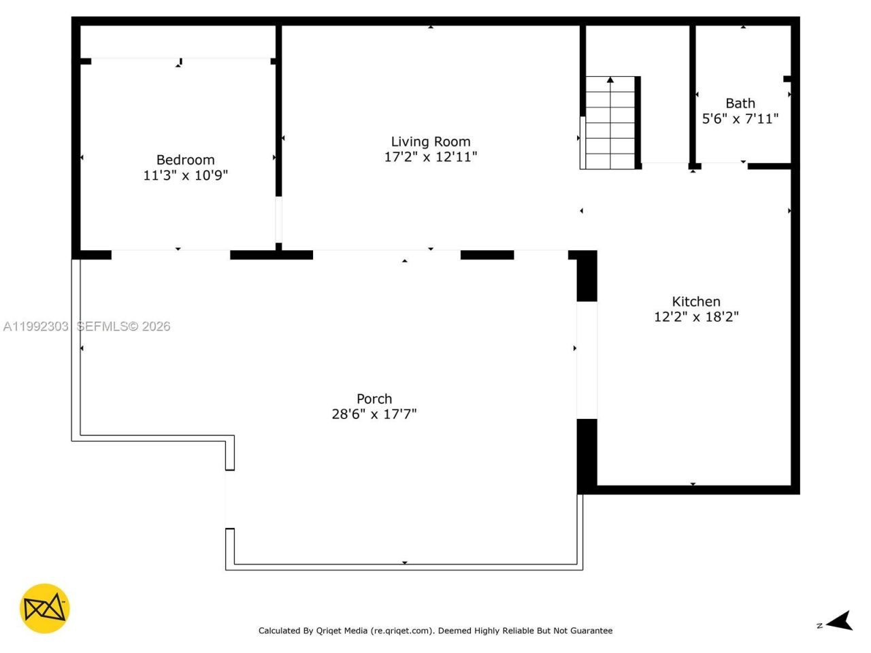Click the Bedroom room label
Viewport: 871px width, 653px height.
tap(185, 160)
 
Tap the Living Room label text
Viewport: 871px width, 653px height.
tap(430, 141)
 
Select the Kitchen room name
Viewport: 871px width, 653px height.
tap(695, 301)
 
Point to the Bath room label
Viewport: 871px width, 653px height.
tap(740, 103)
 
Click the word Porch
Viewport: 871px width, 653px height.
tap(374, 399)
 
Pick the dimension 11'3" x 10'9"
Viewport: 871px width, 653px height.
tap(185, 175)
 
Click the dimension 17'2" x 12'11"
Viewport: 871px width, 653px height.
tap(430, 157)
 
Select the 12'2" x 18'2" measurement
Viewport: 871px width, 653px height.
tap(695, 317)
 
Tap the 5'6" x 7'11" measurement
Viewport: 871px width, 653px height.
tap(740, 119)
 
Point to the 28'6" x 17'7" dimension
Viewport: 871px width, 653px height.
tap(374, 414)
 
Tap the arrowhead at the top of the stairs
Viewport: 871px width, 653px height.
tap(610, 80)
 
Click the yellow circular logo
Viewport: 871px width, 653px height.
tap(45, 608)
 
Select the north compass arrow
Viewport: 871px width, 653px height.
tap(841, 621)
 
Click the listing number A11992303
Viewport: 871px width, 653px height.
tap(36, 326)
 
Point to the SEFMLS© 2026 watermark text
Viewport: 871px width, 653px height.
tap(123, 326)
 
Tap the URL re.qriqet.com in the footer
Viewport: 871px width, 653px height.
tap(401, 631)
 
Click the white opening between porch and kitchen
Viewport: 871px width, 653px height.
tap(587, 360)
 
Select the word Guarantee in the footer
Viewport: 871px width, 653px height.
tap(591, 631)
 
